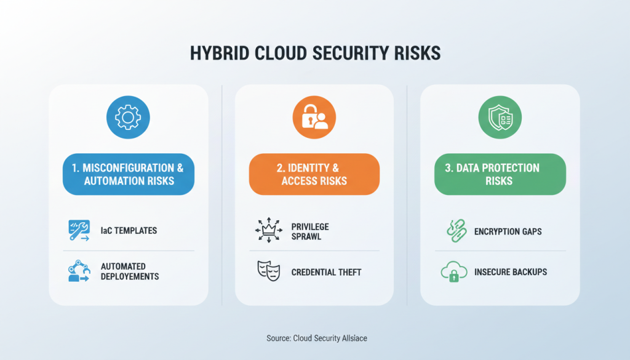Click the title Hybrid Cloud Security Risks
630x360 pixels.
click(x=314, y=54)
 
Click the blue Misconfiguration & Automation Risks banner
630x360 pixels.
click(x=128, y=174)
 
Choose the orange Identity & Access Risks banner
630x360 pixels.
click(x=314, y=174)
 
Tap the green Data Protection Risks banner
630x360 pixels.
click(x=500, y=174)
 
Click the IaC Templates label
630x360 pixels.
click(x=129, y=231)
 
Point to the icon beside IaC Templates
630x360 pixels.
click(x=79, y=231)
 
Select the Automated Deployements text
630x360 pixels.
click(x=130, y=271)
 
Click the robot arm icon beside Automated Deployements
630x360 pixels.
click(x=79, y=271)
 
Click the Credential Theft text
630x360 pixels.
click(x=326, y=271)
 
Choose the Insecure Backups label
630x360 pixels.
click(x=511, y=271)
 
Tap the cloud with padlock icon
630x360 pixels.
click(x=453, y=272)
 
